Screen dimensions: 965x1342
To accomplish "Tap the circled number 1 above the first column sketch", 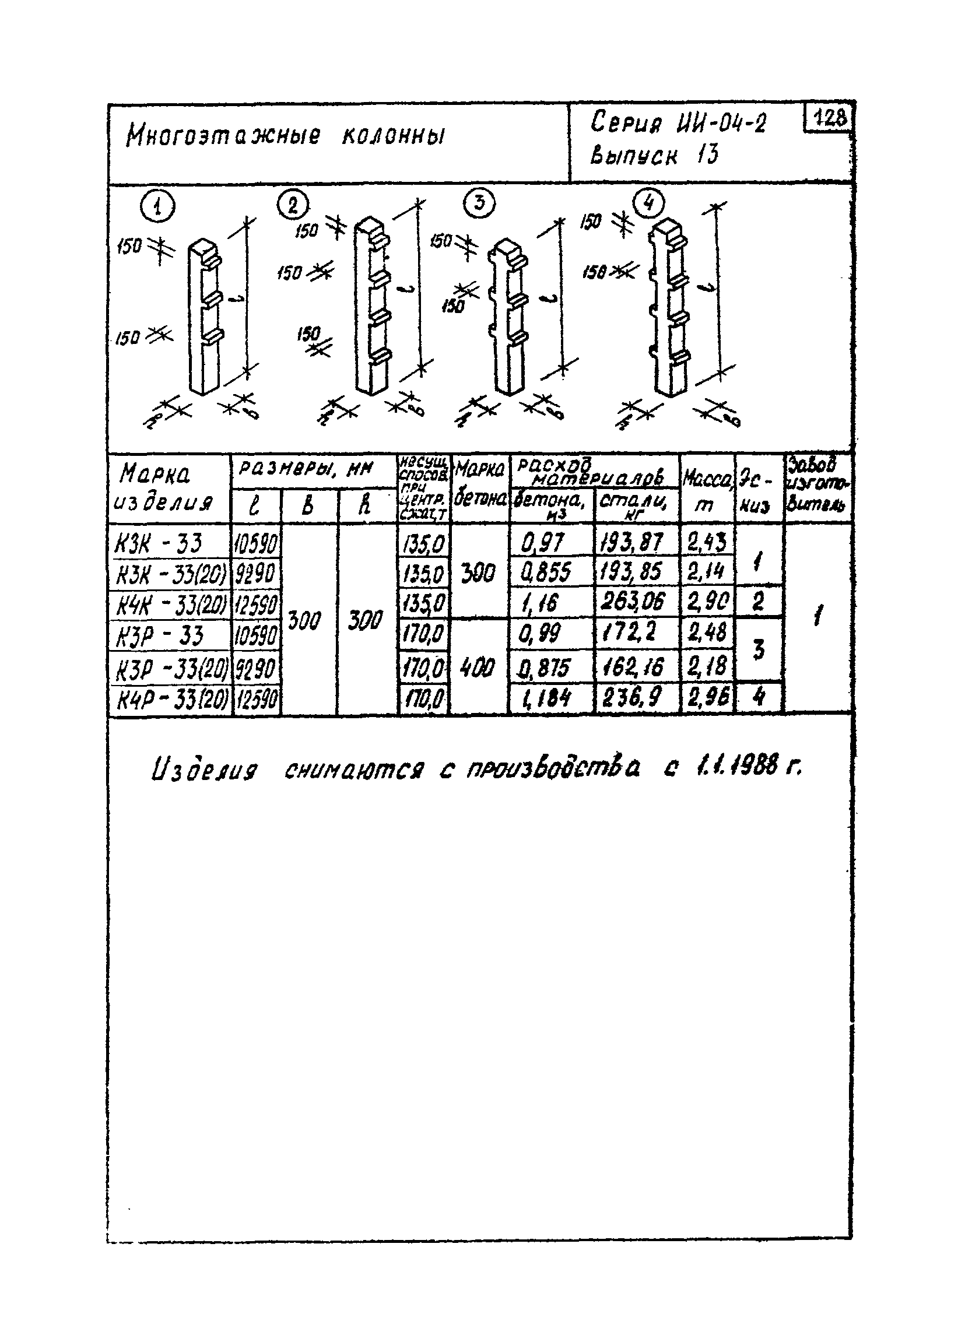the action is point(157,208).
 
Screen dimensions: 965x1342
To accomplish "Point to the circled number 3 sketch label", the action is point(479,203).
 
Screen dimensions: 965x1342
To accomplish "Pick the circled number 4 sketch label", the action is point(648,203).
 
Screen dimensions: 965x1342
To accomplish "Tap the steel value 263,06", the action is point(633,603).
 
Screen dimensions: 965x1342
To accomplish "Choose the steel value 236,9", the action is point(632,697).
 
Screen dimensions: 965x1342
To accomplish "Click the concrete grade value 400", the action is point(477,669).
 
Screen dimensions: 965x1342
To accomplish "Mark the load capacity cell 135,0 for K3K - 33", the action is point(424,543).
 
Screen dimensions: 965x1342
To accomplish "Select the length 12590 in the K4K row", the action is point(257,604).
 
